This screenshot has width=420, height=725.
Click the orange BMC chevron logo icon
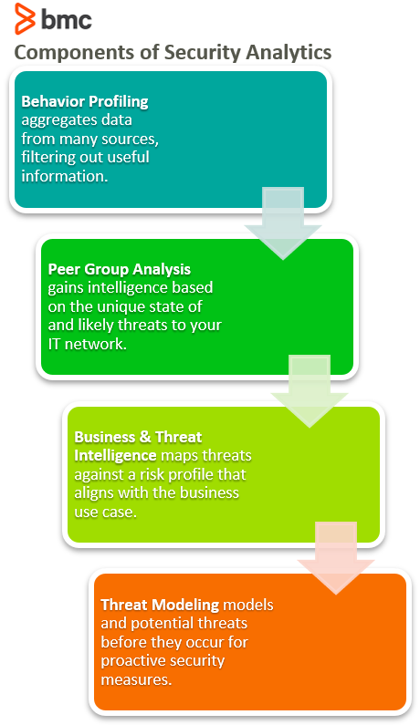(25, 18)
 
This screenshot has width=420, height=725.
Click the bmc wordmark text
(67, 19)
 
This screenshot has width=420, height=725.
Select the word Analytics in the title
(289, 52)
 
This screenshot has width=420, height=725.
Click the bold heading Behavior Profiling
(85, 101)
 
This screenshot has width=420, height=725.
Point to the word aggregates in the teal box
(51, 120)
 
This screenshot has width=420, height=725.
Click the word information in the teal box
(63, 176)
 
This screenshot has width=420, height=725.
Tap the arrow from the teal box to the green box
(282, 223)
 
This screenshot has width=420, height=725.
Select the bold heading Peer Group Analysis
(120, 269)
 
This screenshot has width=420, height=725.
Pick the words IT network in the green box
(86, 344)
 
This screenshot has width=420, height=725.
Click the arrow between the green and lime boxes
(310, 390)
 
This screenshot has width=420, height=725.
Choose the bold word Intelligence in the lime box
(115, 455)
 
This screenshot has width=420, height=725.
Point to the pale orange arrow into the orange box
(336, 557)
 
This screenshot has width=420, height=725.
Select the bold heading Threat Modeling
(160, 605)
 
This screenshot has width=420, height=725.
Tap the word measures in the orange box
(135, 680)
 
